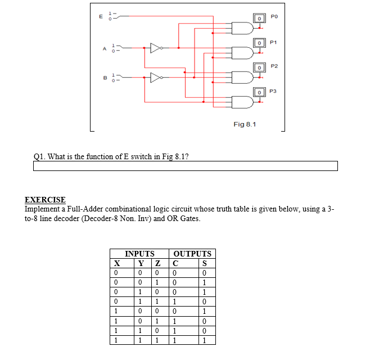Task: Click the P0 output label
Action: pos(274,17)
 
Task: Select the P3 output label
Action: pos(273,91)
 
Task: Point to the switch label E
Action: pos(101,16)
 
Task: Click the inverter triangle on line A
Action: pos(156,48)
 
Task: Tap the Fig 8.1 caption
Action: pos(245,124)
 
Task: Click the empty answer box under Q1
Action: pos(186,165)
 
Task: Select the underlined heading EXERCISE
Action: pos(45,200)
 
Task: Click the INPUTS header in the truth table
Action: pos(139,254)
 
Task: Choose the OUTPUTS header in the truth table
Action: pos(193,254)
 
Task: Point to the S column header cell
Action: pos(205,263)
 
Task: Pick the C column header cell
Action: pos(176,263)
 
